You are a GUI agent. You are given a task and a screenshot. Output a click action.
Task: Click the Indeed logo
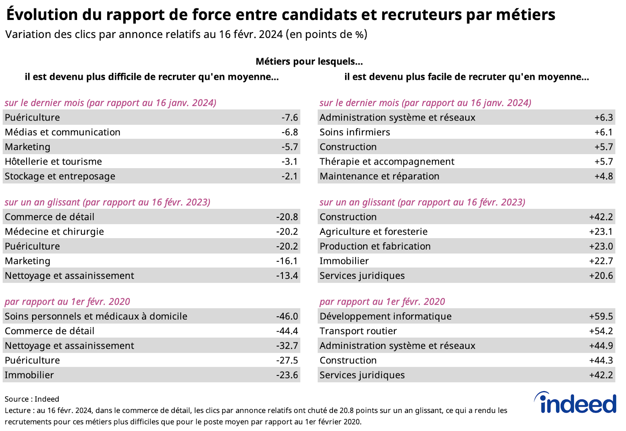point(576,403)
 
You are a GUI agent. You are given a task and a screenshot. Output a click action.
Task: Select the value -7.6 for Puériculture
point(290,117)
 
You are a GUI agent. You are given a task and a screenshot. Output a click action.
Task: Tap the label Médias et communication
point(63,132)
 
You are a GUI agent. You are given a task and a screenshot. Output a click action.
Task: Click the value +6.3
point(604,117)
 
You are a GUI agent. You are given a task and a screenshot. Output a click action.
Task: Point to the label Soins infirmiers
point(355,132)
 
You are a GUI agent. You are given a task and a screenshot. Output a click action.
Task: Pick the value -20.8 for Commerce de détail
point(287,217)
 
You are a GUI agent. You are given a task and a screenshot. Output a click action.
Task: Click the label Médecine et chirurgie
point(54,232)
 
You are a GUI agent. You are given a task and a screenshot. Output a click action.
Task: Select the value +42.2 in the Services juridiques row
point(601,375)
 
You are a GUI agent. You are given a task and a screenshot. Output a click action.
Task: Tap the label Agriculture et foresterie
point(374,232)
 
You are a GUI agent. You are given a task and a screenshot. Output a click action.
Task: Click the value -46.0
point(287,316)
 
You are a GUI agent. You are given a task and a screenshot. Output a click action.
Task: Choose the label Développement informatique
point(385,316)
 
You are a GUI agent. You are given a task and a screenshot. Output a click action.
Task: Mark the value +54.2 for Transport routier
point(601,331)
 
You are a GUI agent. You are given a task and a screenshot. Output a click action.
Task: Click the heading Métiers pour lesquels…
point(309,61)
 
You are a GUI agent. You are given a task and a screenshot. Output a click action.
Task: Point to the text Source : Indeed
point(32,399)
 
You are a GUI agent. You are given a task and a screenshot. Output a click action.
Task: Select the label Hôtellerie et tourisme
point(53,162)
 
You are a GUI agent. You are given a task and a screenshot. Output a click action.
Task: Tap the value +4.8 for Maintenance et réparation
point(604,176)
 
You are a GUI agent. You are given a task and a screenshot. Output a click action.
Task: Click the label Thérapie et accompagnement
point(387,162)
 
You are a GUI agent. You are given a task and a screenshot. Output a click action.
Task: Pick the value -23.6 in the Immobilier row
point(287,375)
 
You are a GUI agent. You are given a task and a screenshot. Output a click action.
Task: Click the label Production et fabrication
point(375,246)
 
